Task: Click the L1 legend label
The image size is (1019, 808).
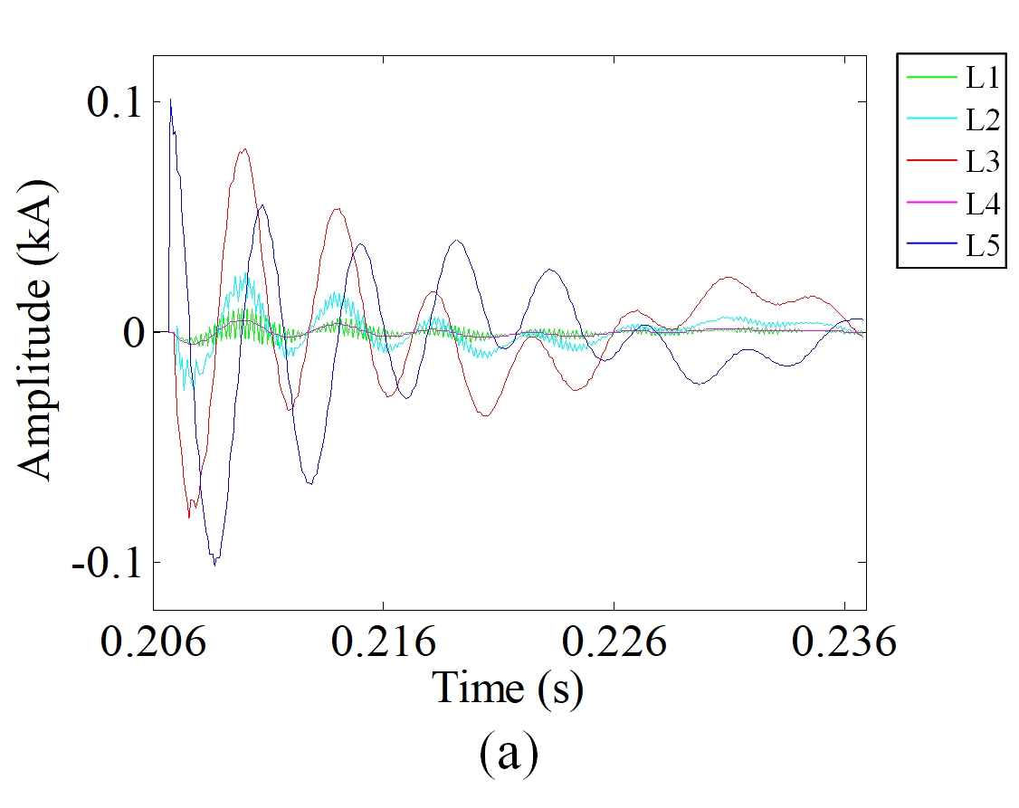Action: coord(982,79)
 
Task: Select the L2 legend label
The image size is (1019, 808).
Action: coord(982,119)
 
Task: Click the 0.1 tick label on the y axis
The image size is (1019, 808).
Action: coord(113,102)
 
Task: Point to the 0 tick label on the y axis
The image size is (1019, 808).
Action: coord(133,333)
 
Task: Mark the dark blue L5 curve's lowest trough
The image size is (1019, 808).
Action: coord(215,565)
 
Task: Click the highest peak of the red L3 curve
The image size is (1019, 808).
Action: coord(243,149)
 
